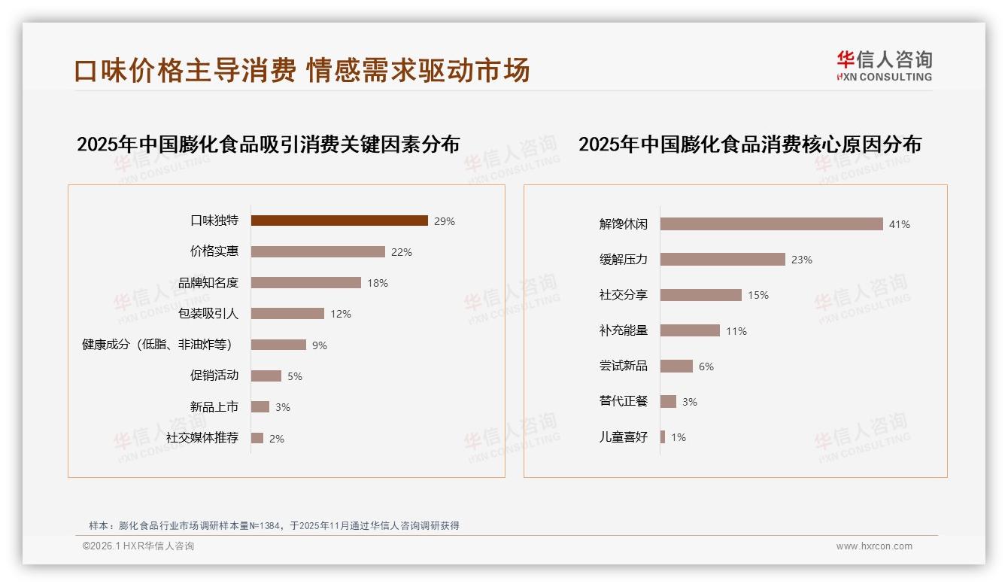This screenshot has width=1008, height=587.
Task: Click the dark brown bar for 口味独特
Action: click(339, 221)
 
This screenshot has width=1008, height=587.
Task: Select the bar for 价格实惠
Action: click(317, 252)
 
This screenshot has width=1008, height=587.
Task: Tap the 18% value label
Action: click(378, 283)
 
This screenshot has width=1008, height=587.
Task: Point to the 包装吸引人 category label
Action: click(208, 314)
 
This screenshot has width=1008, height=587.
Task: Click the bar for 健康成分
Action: click(278, 345)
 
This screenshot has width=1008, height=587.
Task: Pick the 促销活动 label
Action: click(214, 376)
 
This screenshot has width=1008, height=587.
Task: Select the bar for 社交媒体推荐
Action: click(257, 438)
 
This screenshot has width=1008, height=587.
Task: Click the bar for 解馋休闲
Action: click(771, 224)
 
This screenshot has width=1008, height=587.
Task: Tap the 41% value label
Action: click(899, 224)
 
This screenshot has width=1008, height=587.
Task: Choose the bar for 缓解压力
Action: click(722, 260)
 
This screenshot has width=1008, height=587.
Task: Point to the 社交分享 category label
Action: click(623, 295)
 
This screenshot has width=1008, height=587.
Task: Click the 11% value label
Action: click(736, 331)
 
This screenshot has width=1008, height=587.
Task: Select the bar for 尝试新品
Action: click(676, 366)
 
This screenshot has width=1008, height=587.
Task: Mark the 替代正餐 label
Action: click(623, 401)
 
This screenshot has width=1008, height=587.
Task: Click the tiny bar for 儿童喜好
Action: click(663, 437)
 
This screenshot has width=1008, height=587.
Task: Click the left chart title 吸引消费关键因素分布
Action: click(268, 144)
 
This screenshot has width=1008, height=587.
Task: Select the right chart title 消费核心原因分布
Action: click(749, 144)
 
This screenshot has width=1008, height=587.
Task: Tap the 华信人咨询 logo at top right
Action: click(884, 65)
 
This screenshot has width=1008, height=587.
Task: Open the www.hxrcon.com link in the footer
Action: click(873, 546)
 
